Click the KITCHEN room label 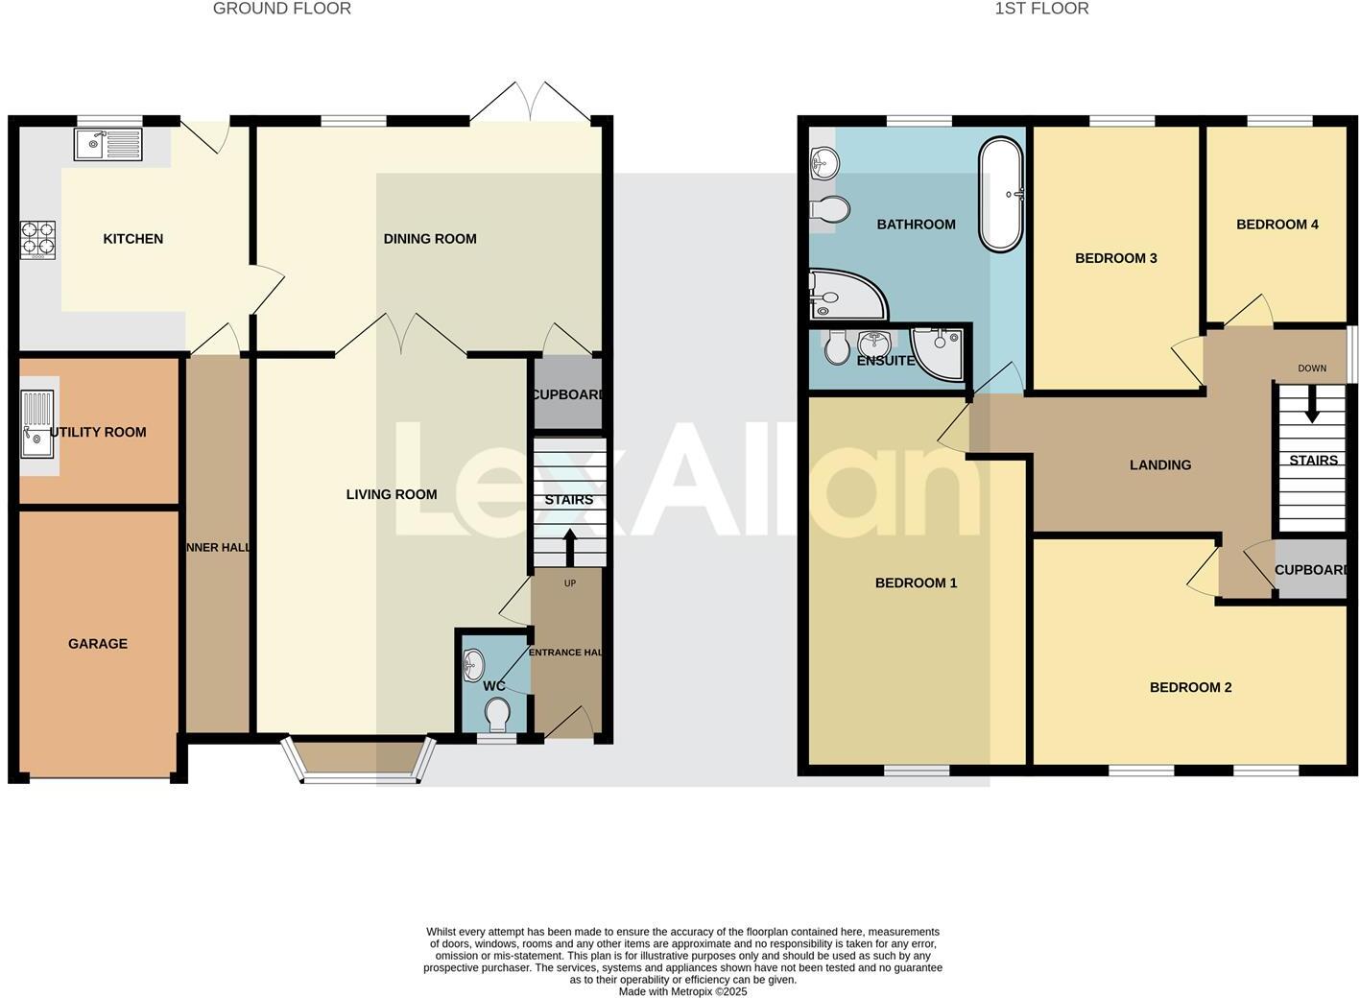(x=133, y=239)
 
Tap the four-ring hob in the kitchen (x=39, y=240)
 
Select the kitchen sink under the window (x=107, y=145)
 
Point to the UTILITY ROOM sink (x=38, y=424)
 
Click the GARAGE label (x=98, y=644)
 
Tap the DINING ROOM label (x=430, y=239)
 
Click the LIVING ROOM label (x=392, y=494)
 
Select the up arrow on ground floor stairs (x=569, y=548)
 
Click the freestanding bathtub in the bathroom (x=1002, y=195)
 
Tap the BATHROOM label (x=917, y=225)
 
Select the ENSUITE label (x=886, y=361)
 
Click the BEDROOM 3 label (x=1116, y=258)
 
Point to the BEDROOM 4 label (x=1277, y=225)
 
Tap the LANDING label (x=1160, y=465)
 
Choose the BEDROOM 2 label (x=1191, y=687)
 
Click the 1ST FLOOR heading (x=1041, y=9)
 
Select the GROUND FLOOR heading (x=282, y=9)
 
